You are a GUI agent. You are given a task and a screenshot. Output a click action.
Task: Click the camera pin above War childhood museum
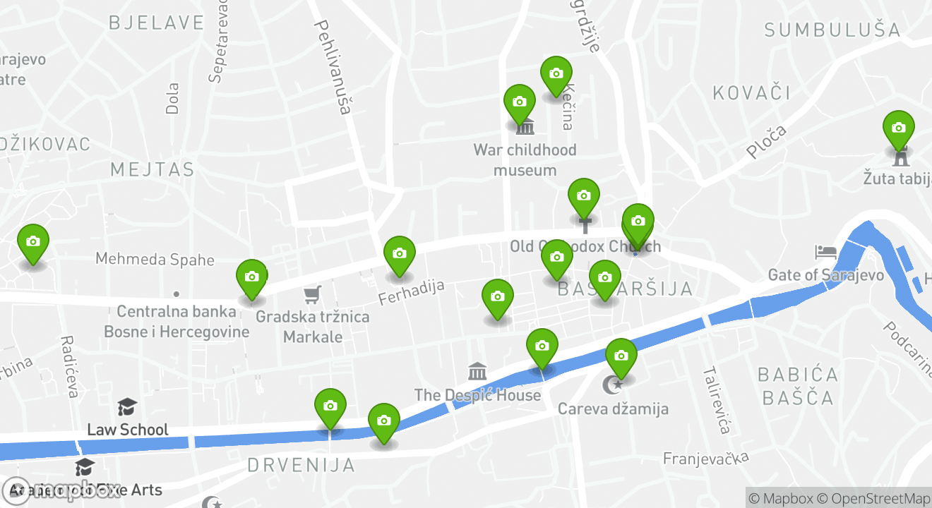[520, 102]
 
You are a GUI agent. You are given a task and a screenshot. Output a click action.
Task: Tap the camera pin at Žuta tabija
[898, 128]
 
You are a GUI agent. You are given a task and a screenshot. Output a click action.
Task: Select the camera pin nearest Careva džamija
[621, 356]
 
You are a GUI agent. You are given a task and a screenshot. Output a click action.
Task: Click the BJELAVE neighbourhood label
[156, 23]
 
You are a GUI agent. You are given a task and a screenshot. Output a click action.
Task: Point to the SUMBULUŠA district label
[832, 30]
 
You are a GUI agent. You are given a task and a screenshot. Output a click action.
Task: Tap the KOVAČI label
[751, 92]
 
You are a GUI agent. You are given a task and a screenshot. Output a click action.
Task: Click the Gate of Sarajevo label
[826, 274]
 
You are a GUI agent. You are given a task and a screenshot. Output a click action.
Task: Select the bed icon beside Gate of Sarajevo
[825, 252]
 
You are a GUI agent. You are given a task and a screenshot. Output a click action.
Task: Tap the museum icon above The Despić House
[477, 371]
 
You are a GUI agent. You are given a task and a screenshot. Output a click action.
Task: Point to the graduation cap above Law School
[127, 407]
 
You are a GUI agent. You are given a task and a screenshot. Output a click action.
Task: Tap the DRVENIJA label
[301, 465]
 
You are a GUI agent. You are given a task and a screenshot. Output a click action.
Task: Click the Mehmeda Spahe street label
[155, 259]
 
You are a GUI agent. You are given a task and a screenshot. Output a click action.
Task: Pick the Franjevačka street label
[705, 459]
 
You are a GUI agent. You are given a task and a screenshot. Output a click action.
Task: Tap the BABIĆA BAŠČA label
[798, 385]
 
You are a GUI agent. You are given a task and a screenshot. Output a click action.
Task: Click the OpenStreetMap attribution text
[879, 498]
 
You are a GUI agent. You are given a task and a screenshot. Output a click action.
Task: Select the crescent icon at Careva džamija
[612, 385]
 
